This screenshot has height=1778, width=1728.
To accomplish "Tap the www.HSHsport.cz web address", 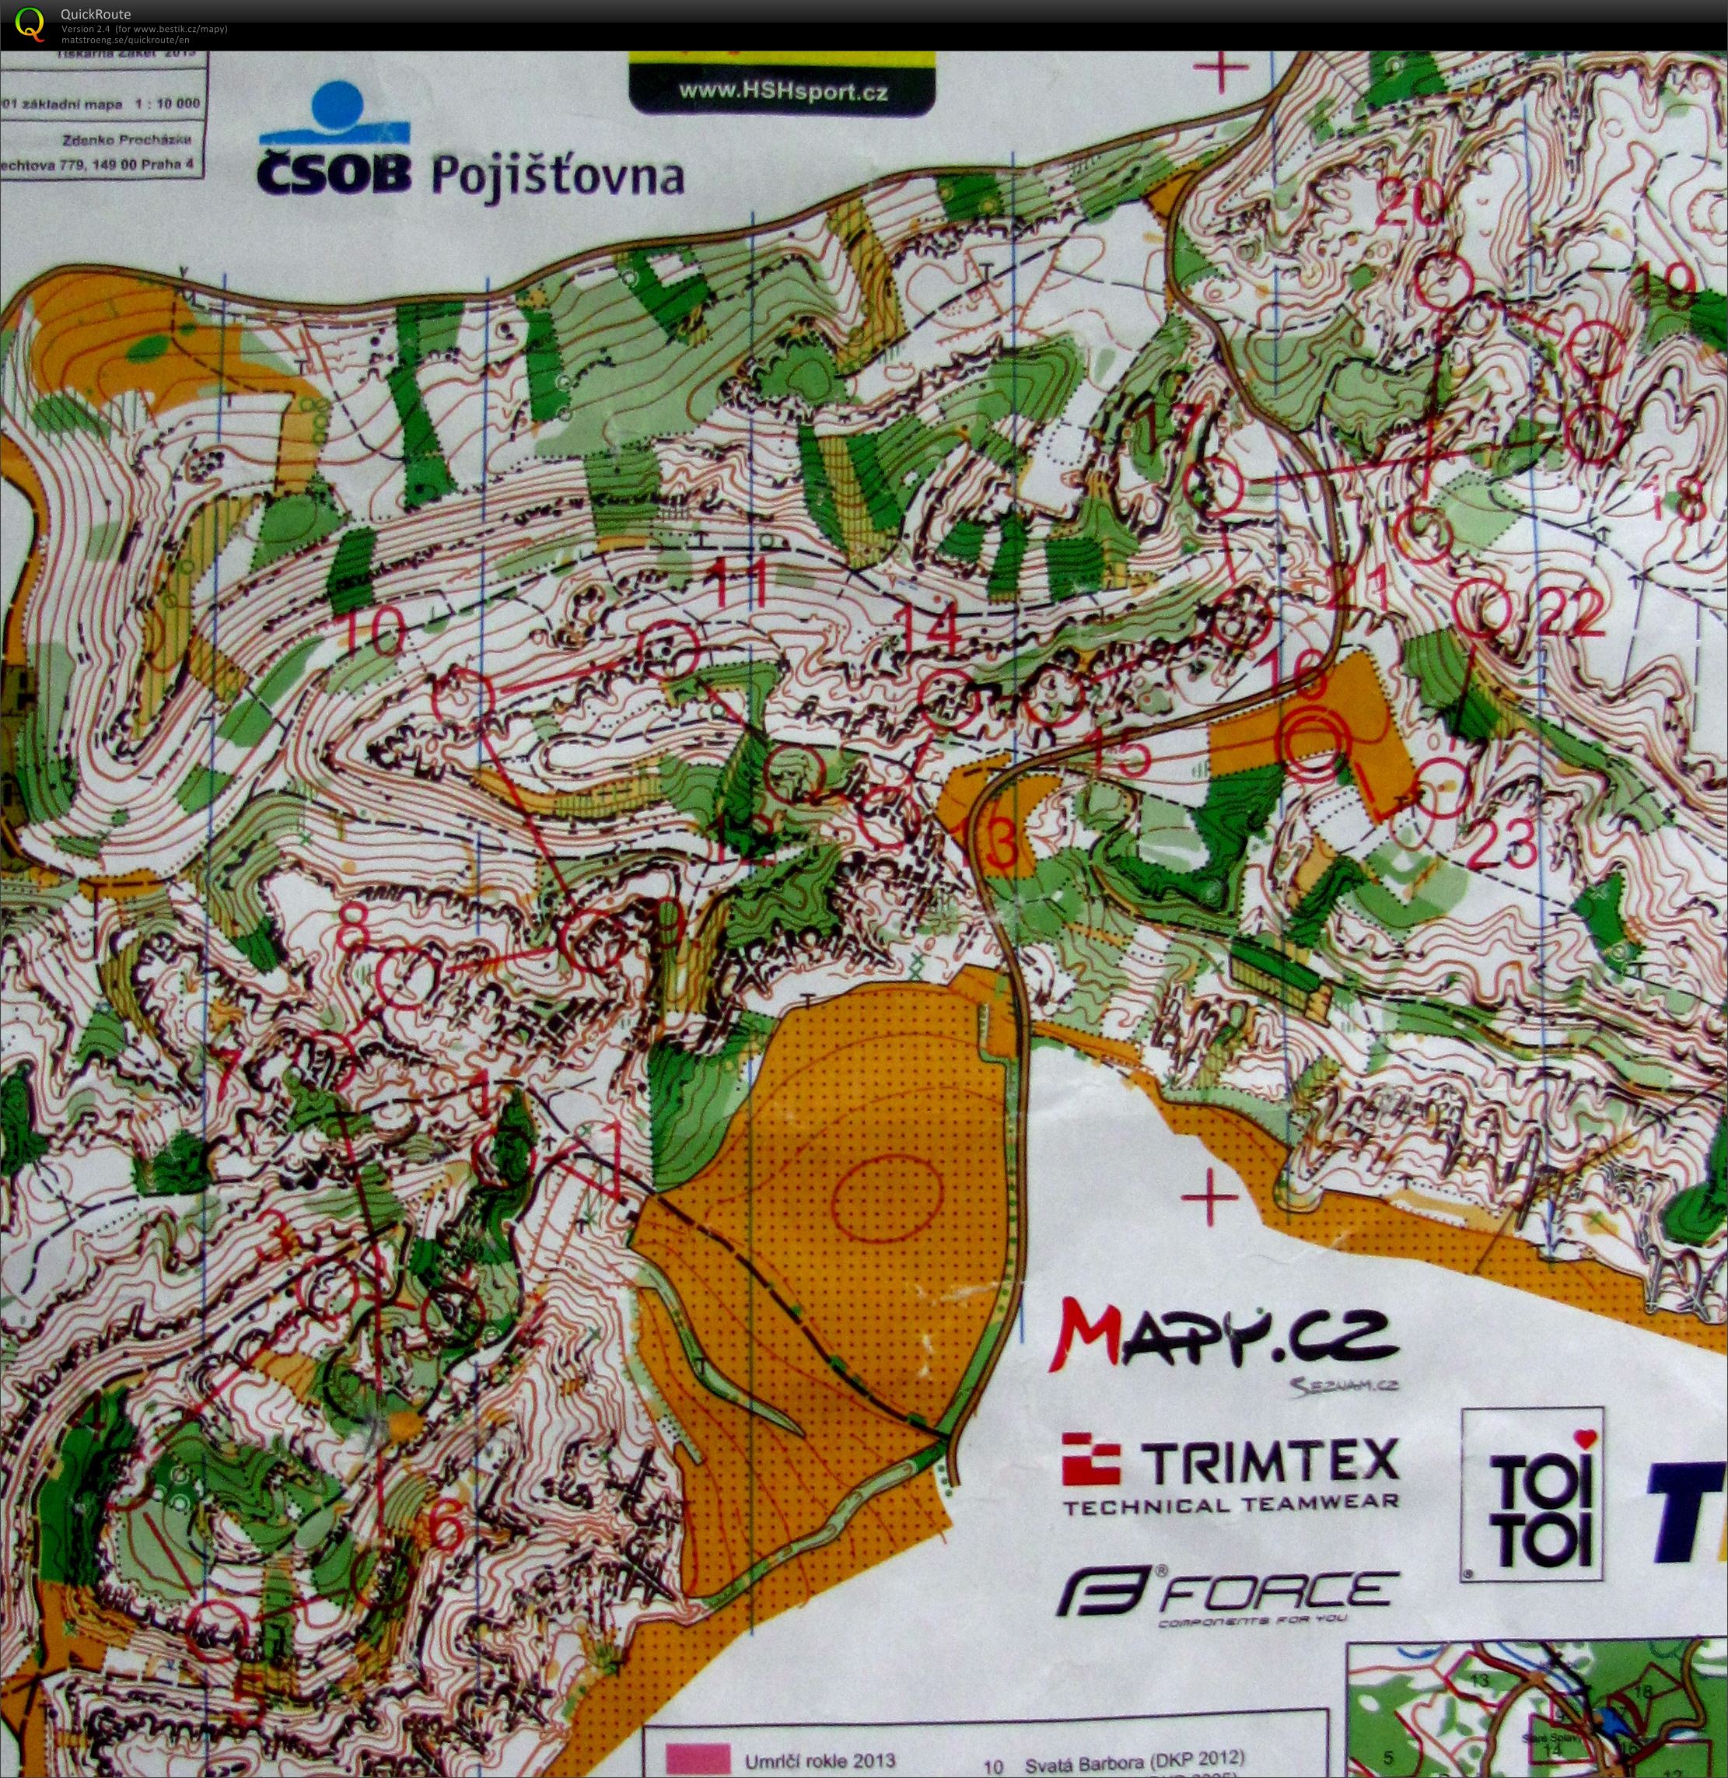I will click(782, 92).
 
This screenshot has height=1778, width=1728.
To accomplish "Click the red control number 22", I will click(1572, 615).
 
